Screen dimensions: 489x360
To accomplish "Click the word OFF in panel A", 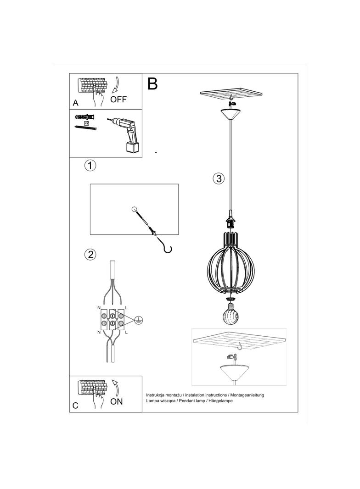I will [118, 100].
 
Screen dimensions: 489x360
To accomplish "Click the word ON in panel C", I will [117, 401].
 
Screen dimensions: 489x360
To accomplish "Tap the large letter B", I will [152, 83].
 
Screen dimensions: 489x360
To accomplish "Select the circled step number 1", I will [90, 166].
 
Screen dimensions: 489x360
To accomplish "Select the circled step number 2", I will [90, 254].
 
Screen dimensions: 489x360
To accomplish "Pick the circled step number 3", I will [219, 178].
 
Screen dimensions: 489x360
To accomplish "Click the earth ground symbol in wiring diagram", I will [138, 320].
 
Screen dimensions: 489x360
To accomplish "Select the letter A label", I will [76, 103].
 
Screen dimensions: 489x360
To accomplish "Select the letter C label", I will [76, 406].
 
